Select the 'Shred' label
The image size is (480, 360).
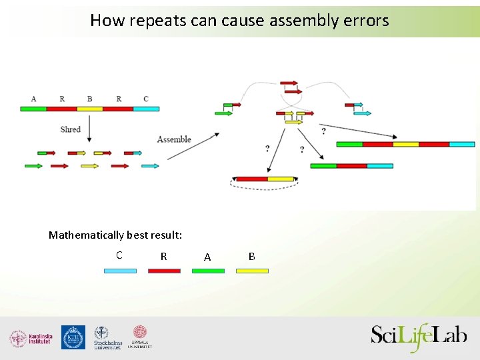pyautogui.click(x=70, y=129)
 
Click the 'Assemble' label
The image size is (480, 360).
pyautogui.click(x=174, y=139)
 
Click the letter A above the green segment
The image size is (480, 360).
pyautogui.click(x=33, y=99)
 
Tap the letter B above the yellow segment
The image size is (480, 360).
pyautogui.click(x=89, y=99)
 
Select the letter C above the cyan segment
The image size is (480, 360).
pyautogui.click(x=146, y=99)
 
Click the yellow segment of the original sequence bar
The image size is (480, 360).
pyautogui.click(x=90, y=108)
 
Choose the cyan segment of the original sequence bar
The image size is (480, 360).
pyautogui.click(x=146, y=108)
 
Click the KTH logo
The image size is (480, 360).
pyautogui.click(x=73, y=337)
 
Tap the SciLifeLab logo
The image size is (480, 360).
pyautogui.click(x=419, y=336)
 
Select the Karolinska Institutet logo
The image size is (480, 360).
pyautogui.click(x=31, y=339)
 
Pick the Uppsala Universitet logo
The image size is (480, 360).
pyautogui.click(x=140, y=337)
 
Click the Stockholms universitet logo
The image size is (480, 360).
pyautogui.click(x=107, y=338)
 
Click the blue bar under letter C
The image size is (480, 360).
pyautogui.click(x=120, y=271)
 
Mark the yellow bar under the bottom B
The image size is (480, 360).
pyautogui.click(x=252, y=271)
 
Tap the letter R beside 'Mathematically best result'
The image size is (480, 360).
pyautogui.click(x=163, y=257)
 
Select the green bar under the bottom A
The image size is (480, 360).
pyautogui.click(x=208, y=271)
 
